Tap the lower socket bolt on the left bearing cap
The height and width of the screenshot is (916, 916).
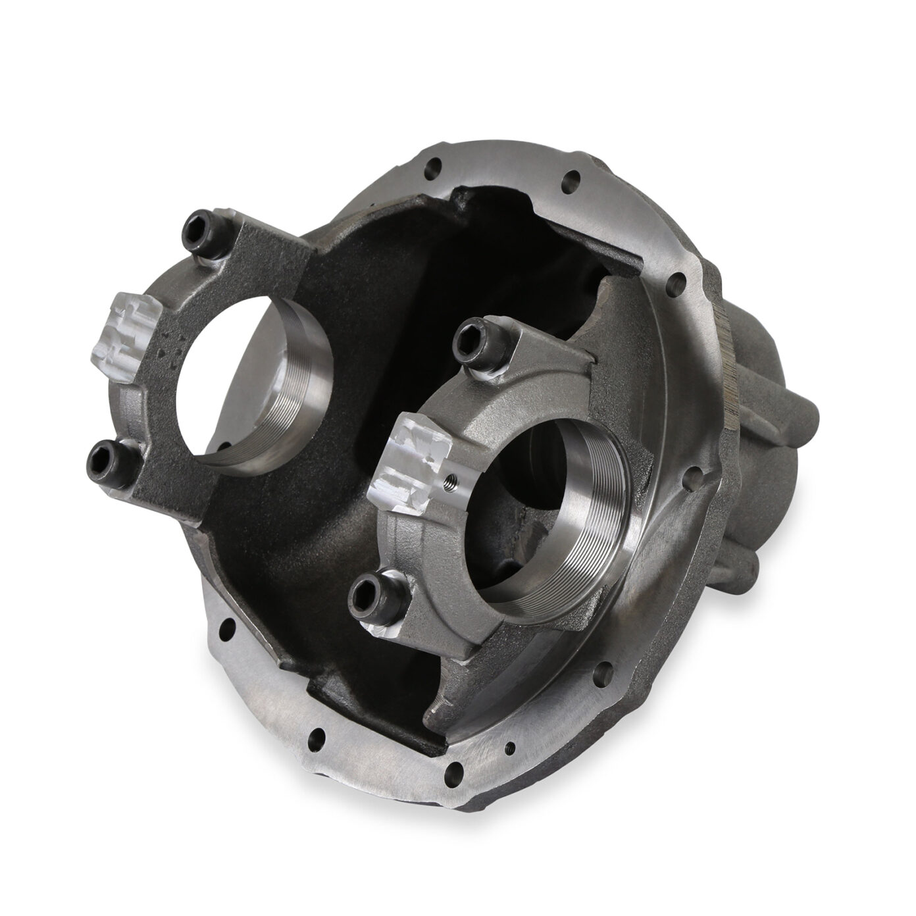point(106,452)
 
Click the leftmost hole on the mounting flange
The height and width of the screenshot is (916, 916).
point(225,624)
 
